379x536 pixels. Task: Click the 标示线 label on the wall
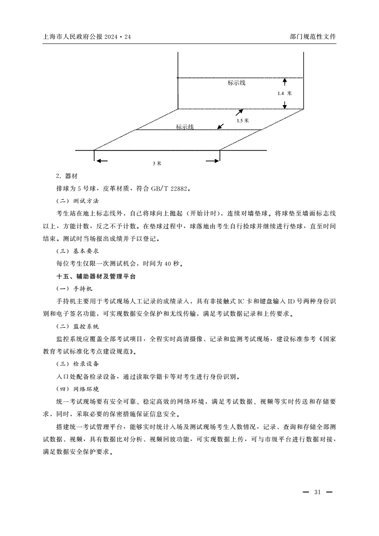click(x=237, y=83)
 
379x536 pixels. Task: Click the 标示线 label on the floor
click(x=185, y=127)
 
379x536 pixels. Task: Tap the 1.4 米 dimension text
click(x=284, y=94)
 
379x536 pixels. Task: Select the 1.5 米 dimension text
click(x=243, y=121)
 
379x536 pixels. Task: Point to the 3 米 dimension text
click(x=157, y=163)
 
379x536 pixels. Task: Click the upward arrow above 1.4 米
click(x=284, y=82)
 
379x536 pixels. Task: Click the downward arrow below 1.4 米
click(x=284, y=105)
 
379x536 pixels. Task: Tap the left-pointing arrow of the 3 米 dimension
click(x=101, y=161)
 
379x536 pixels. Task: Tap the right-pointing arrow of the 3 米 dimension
click(x=212, y=161)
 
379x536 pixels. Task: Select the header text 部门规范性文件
click(x=313, y=36)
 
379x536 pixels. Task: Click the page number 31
click(x=317, y=492)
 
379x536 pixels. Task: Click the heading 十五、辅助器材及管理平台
click(x=96, y=276)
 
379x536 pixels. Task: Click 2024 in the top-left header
click(x=109, y=36)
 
